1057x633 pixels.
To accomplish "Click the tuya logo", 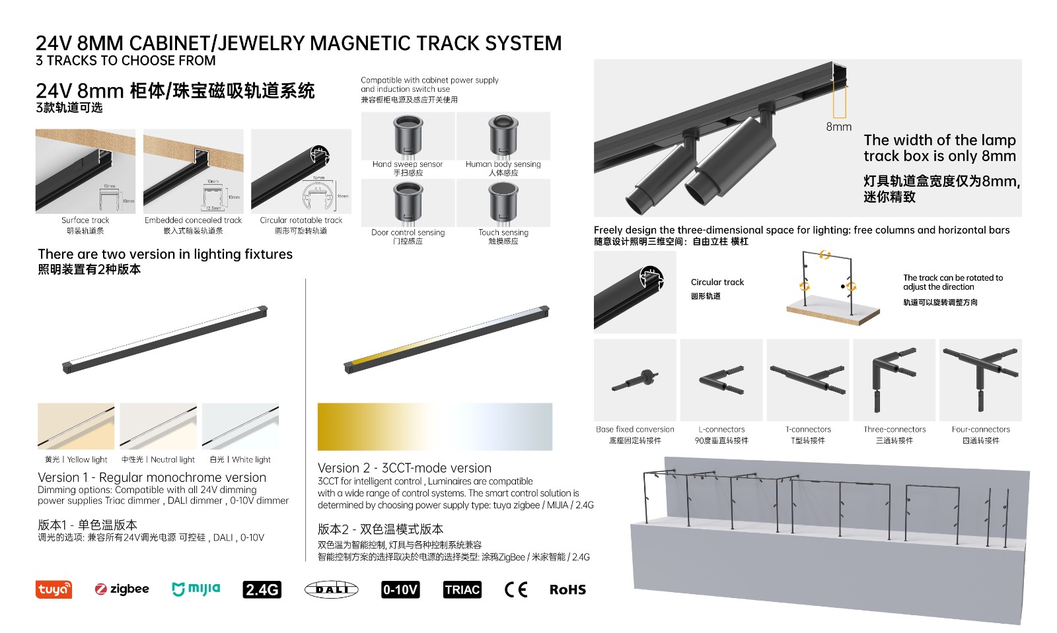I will click(x=54, y=589).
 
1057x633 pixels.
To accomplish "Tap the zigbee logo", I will click(x=122, y=589).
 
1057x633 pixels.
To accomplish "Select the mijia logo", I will click(x=196, y=589).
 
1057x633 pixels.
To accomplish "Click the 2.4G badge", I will click(x=262, y=589).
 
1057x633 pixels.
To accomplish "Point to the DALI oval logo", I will click(x=331, y=589).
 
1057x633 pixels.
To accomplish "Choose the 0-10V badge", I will click(x=400, y=589).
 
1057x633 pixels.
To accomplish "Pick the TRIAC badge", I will click(x=462, y=589).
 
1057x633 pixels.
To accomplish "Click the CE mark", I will click(x=516, y=589).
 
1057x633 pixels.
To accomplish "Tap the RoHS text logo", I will click(x=567, y=589).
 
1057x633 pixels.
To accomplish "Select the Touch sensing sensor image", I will click(x=503, y=203).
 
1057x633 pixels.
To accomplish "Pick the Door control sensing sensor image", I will click(x=408, y=203).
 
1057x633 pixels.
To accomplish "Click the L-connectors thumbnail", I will click(x=721, y=380).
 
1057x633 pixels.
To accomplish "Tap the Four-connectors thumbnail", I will click(x=980, y=380).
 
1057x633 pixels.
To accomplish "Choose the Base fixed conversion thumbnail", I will click(x=635, y=380).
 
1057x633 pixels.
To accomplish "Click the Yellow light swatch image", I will click(x=76, y=426).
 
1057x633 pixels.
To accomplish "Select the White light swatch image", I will click(x=240, y=426).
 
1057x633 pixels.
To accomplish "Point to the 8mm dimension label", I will click(x=838, y=127).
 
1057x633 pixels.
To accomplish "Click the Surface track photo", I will click(x=85, y=171).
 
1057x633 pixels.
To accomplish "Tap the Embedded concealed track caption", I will click(x=193, y=220).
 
